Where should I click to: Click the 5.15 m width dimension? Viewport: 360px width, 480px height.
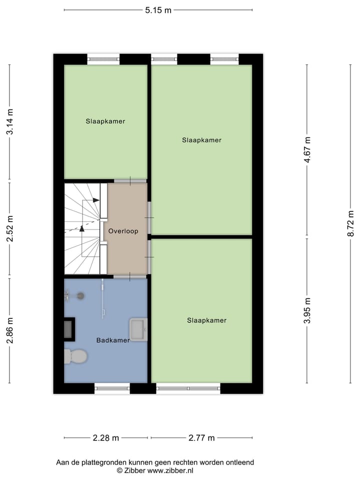point(158,10)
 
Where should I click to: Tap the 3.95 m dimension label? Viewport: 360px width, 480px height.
point(307,310)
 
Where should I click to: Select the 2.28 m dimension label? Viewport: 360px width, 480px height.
point(105,438)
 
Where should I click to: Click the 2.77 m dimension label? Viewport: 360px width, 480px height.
point(201,438)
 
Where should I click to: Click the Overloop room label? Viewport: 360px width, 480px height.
point(123,231)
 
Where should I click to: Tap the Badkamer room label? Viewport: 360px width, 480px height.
point(113,340)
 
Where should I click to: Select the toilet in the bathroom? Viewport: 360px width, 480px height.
point(75,356)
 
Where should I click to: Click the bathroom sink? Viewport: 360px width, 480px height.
point(138,329)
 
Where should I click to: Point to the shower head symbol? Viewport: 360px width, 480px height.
point(80,296)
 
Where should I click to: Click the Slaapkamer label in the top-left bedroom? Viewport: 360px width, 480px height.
point(105,121)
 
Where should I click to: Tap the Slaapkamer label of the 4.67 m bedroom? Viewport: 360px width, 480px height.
point(201,140)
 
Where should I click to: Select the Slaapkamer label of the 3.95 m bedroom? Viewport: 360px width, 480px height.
point(206,320)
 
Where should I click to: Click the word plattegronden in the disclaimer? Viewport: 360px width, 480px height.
point(105,462)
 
